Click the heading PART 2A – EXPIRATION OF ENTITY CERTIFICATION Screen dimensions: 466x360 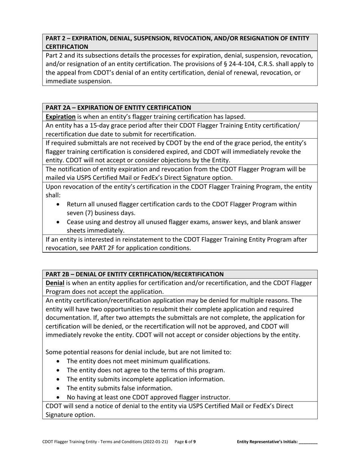point(118,108)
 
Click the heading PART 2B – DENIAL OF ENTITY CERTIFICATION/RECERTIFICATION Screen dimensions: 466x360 point(135,274)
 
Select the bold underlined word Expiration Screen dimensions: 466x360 point(60,117)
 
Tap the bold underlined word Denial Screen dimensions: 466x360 point(55,283)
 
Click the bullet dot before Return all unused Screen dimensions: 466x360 point(58,204)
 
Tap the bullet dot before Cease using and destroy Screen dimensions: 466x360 point(58,222)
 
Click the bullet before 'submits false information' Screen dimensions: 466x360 point(58,388)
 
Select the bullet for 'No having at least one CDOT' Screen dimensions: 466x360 point(58,397)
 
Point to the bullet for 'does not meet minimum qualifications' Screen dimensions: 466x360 point(58,361)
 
